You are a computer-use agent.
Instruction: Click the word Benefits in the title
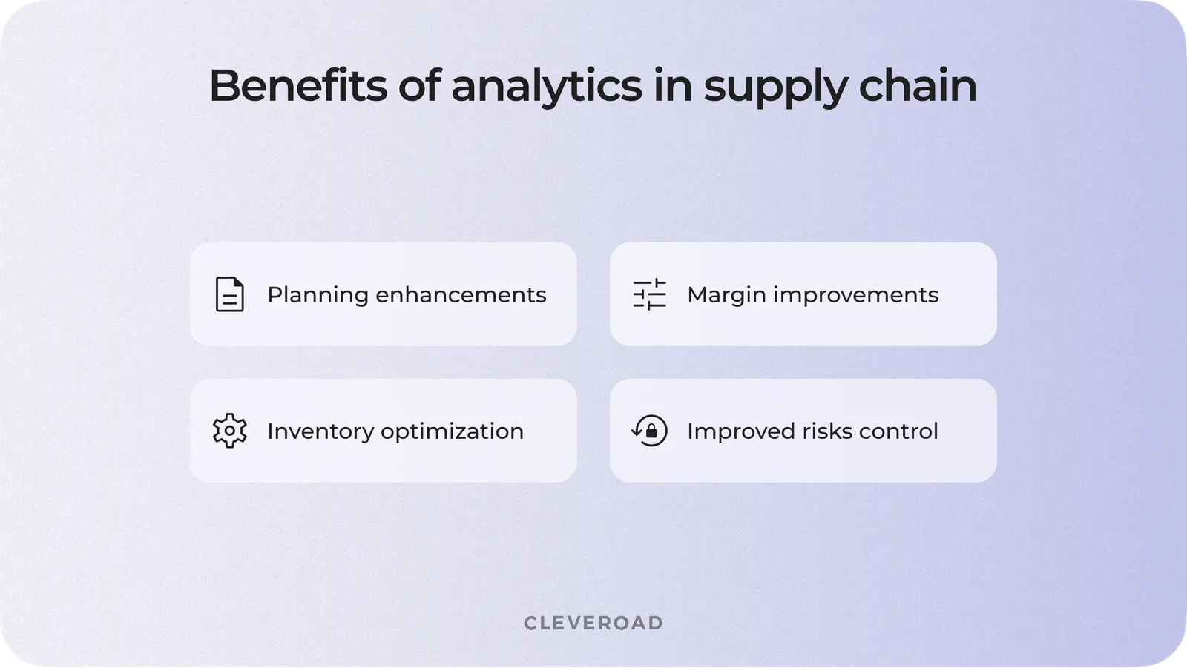297,85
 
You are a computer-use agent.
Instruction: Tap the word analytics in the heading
546,85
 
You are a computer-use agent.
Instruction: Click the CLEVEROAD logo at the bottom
593,623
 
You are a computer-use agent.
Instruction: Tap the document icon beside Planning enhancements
229,294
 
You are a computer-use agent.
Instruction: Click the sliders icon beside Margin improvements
649,294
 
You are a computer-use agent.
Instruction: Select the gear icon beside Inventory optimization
229,431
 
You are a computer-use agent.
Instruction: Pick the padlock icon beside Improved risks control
650,431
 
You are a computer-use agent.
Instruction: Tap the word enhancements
461,294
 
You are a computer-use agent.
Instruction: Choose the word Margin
726,295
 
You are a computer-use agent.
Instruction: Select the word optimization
452,431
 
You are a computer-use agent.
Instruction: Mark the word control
899,431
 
